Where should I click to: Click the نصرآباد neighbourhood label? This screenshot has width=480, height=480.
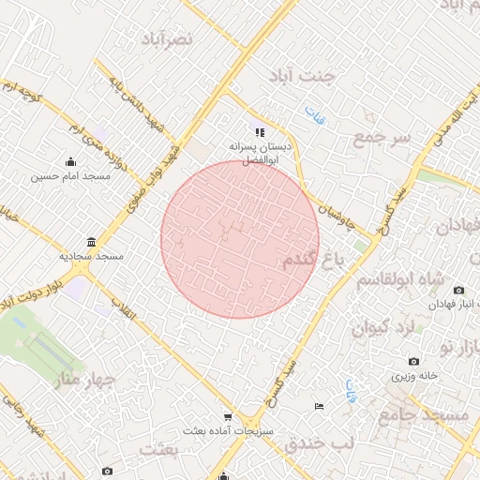click(x=169, y=38)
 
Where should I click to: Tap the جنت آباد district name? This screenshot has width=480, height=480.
click(x=300, y=76)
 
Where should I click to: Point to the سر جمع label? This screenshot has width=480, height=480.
click(x=382, y=139)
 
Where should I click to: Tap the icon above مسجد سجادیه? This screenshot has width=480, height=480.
click(x=90, y=241)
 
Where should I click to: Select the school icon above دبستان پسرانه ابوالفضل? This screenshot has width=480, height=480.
click(x=260, y=133)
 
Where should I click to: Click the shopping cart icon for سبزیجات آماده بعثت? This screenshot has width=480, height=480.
click(x=227, y=417)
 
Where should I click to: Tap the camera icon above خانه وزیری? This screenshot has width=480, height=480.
click(x=414, y=361)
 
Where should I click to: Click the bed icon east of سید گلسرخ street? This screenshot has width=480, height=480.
click(x=320, y=406)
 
